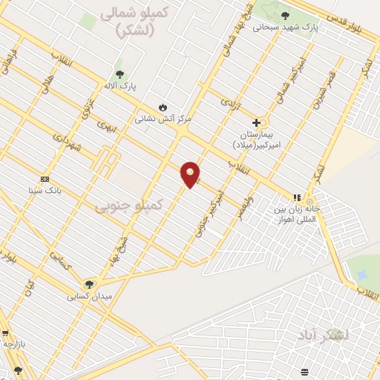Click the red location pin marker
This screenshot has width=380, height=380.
tap(190, 174)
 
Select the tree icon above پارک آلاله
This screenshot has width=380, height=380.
tap(119, 74)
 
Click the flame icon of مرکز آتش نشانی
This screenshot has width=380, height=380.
tap(163, 107)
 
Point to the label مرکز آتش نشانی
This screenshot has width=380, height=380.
tap(163, 119)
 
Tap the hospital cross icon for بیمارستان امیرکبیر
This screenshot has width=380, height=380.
tap(257, 122)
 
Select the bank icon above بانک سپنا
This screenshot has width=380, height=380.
tap(45, 179)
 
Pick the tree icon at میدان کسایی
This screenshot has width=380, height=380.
tap(89, 284)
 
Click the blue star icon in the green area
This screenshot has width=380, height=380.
tap(361, 275)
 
